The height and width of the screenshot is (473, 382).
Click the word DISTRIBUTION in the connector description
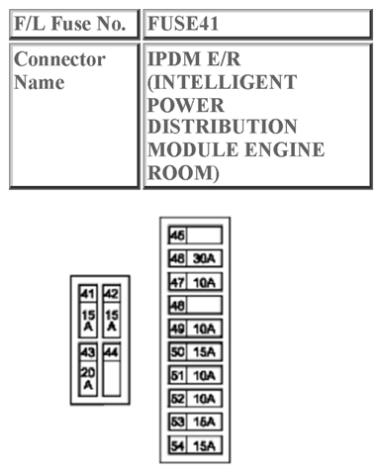pos(222,127)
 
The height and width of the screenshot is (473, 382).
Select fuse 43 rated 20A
pos(87,371)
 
